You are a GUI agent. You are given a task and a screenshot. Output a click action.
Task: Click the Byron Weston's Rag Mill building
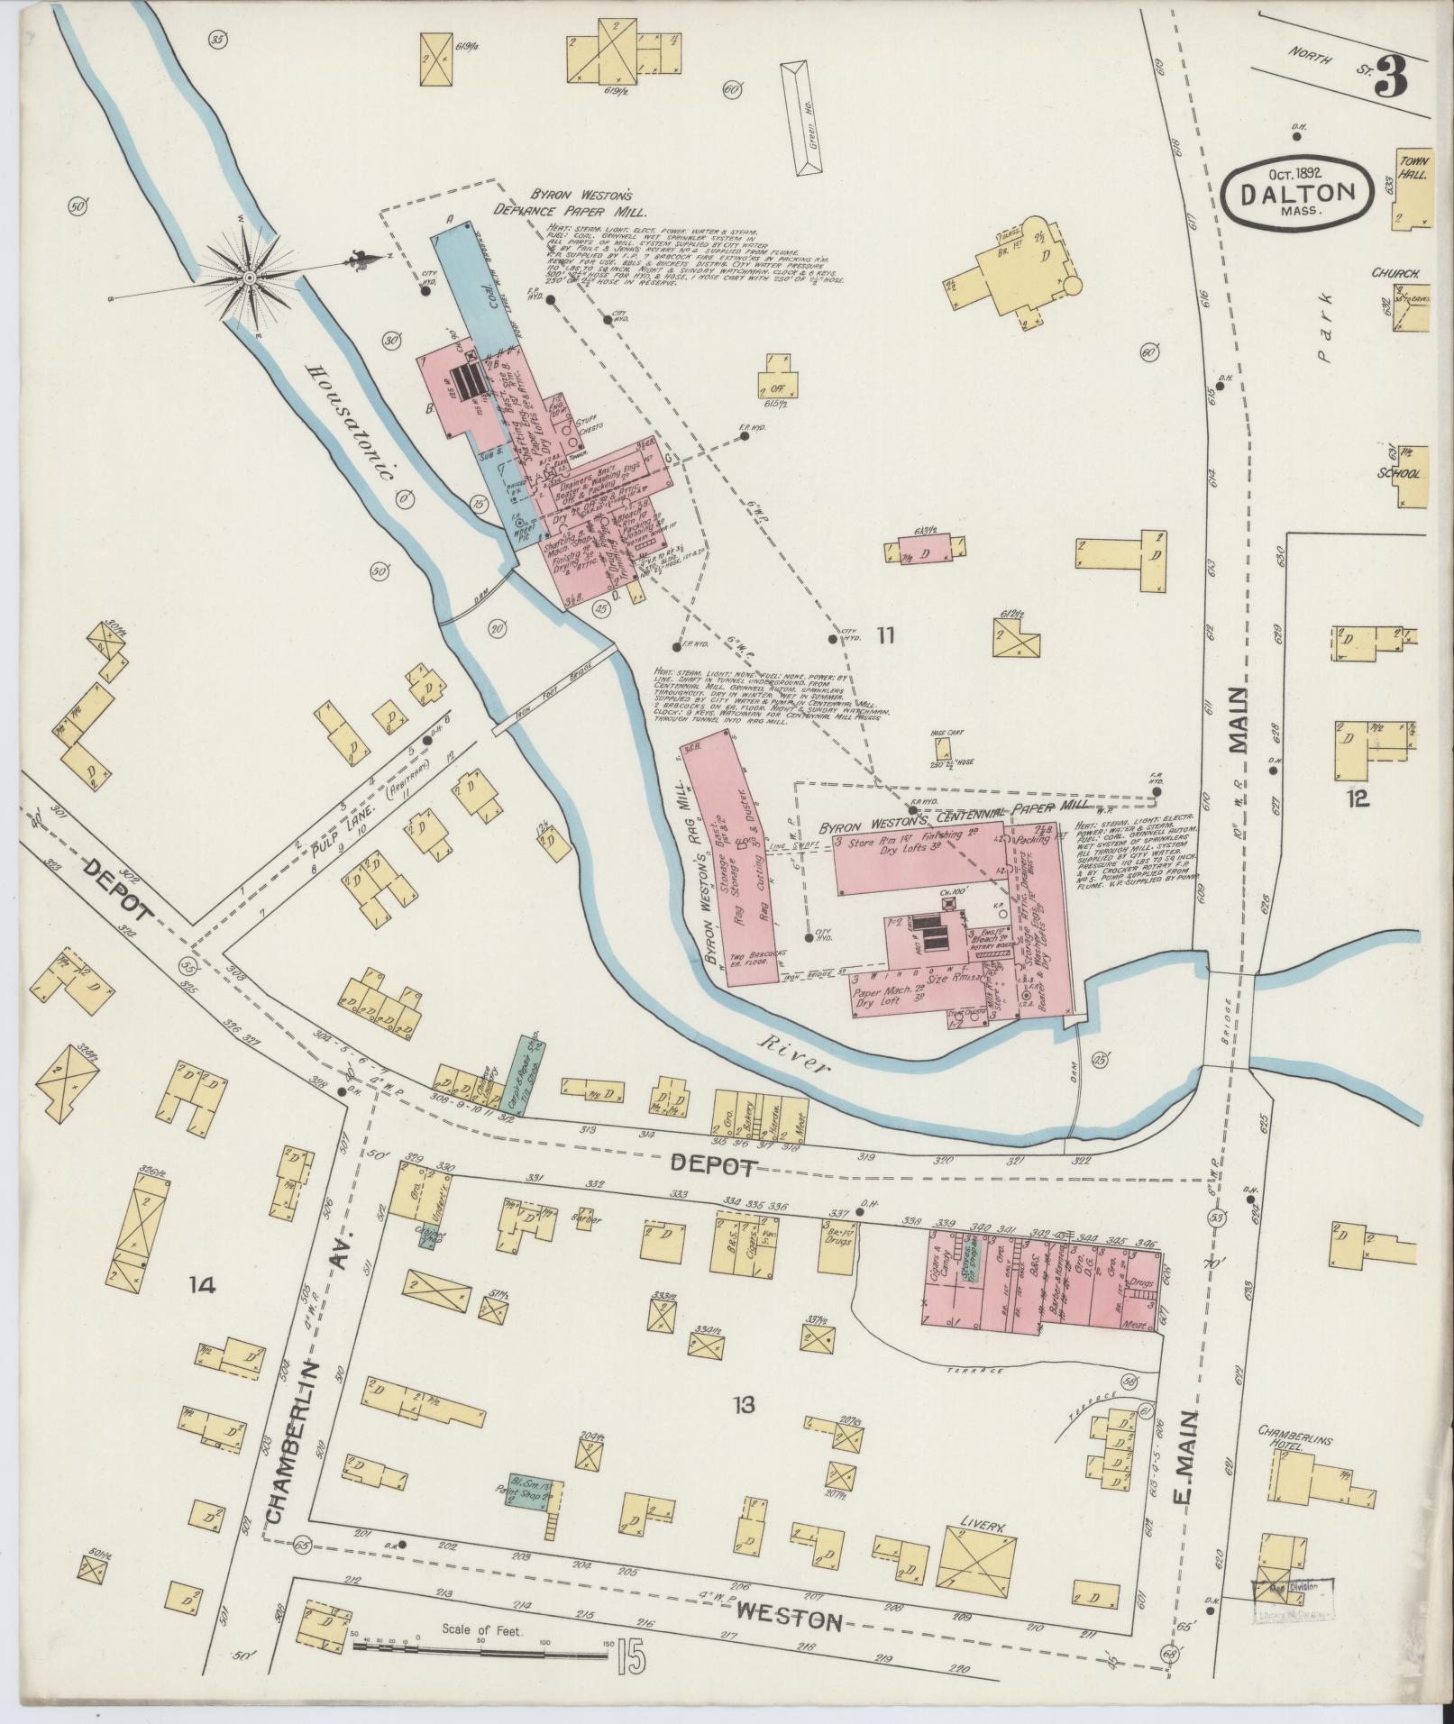click(721, 865)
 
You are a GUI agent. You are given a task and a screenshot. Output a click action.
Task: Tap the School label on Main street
click(1399, 473)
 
